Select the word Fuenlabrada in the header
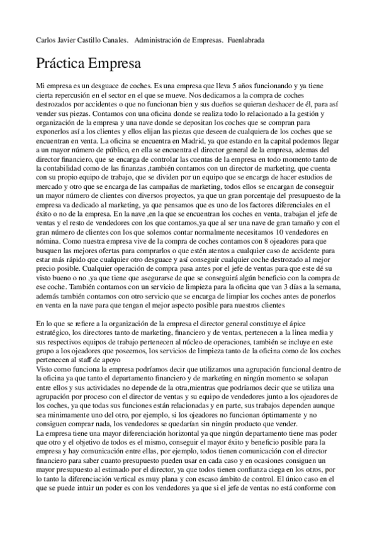(x=245, y=40)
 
